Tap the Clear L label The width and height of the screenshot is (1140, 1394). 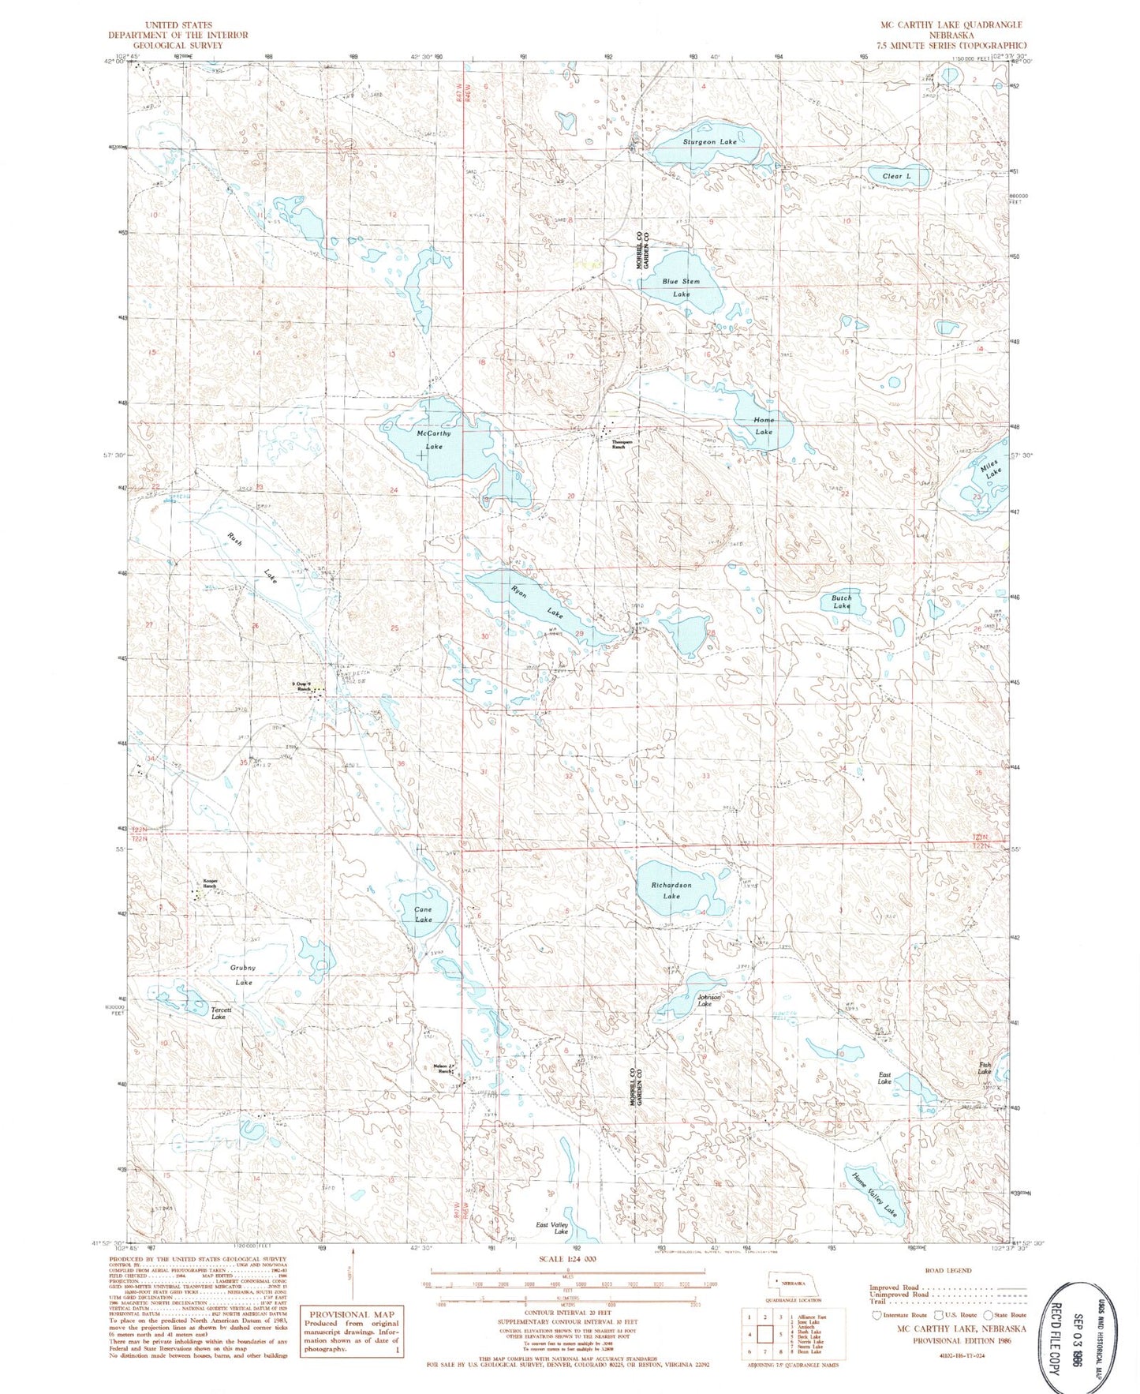(x=896, y=176)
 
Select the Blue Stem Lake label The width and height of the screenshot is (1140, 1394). (x=681, y=287)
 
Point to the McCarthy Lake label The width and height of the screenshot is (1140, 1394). (x=433, y=440)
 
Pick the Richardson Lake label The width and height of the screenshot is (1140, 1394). (x=671, y=890)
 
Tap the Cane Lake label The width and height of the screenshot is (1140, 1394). (x=424, y=914)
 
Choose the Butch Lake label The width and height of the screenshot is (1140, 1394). (x=841, y=601)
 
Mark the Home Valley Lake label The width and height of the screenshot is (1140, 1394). (x=875, y=1192)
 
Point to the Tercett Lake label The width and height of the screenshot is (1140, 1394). (x=219, y=1013)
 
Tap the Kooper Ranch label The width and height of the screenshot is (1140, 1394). (x=208, y=884)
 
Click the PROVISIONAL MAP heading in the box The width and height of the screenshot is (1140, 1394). (x=351, y=1315)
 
